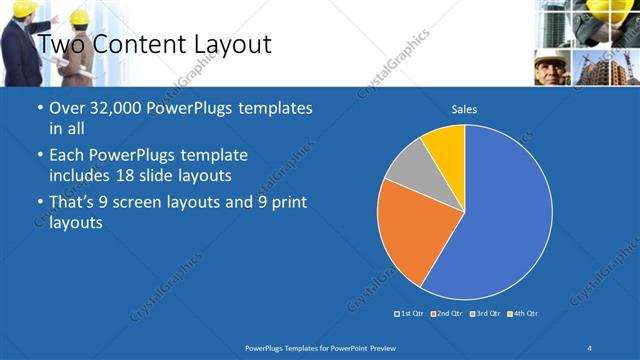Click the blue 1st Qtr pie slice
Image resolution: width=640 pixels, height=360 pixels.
click(500, 220)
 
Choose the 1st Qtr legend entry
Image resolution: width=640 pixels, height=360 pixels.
click(409, 314)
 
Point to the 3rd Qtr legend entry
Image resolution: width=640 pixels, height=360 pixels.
click(484, 314)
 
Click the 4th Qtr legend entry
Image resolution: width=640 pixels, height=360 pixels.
click(522, 314)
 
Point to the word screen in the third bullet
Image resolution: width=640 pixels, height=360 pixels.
click(138, 203)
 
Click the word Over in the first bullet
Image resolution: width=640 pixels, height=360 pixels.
click(66, 108)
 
